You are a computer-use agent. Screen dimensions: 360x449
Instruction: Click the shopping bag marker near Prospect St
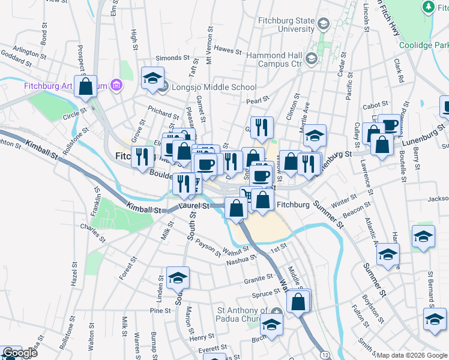click(86, 86)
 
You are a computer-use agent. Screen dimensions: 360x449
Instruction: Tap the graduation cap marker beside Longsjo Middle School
click(152, 79)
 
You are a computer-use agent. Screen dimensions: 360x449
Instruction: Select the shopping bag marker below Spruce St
click(299, 302)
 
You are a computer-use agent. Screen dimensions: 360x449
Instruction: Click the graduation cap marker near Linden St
click(178, 278)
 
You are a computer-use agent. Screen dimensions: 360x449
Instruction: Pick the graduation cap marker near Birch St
click(271, 325)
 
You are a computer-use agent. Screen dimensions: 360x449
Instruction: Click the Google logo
click(19, 353)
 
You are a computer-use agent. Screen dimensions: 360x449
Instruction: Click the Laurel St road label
click(193, 206)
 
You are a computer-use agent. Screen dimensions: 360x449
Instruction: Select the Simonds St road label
click(172, 58)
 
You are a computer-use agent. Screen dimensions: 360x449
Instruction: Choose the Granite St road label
click(259, 280)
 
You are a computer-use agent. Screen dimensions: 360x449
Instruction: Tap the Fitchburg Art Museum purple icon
click(116, 86)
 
